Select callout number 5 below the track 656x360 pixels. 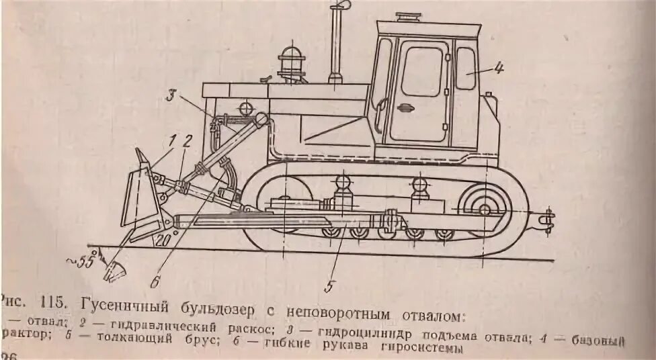pos(329,286)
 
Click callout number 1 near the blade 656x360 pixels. pos(172,141)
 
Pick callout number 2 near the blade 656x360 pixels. pos(188,141)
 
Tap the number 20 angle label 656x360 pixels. pos(162,239)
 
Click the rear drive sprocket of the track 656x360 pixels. pos(485,208)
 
